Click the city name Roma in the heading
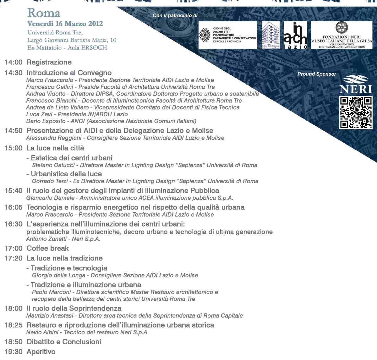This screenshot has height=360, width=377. click(44, 13)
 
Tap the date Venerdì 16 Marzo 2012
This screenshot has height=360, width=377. click(65, 24)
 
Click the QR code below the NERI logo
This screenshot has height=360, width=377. click(356, 112)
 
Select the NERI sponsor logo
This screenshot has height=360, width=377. click(356, 85)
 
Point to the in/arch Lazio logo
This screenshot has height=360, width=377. click(295, 35)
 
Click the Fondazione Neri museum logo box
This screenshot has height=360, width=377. click(341, 35)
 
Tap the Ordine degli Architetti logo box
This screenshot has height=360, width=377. click(228, 35)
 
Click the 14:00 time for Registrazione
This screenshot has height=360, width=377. click(14, 62)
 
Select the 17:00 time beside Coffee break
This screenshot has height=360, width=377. click(14, 248)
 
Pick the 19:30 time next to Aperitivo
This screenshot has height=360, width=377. click(14, 352)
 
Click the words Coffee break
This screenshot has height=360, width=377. click(48, 248)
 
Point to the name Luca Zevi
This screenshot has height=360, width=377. click(39, 114)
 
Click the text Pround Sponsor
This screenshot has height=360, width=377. click(317, 74)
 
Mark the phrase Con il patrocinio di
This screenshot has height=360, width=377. click(175, 15)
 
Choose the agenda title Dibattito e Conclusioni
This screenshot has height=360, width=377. click(64, 342)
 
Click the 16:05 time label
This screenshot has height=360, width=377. click(14, 207)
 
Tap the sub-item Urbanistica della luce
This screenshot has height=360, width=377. click(66, 174)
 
